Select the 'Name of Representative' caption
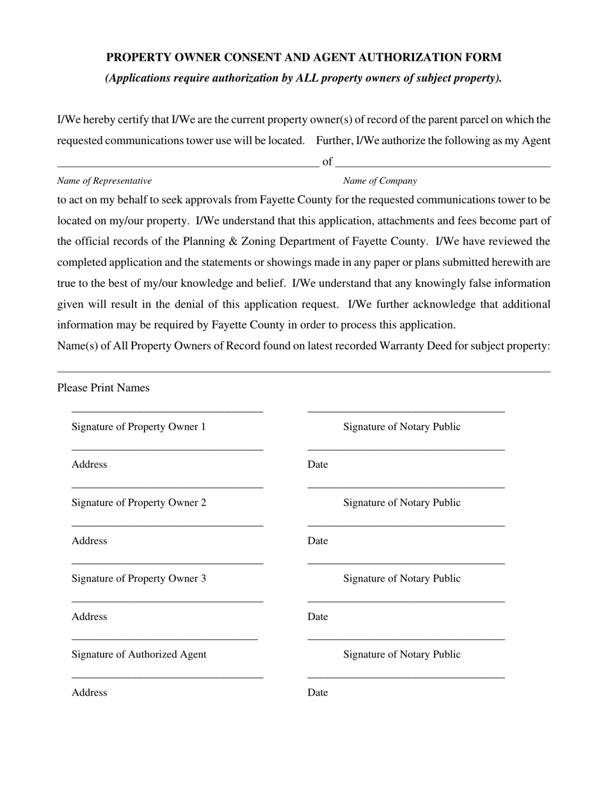click(x=104, y=181)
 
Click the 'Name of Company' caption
click(x=380, y=181)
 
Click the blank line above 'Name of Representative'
click(x=188, y=166)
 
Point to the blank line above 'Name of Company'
click(x=442, y=166)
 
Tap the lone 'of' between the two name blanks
click(x=327, y=161)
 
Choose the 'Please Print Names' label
click(x=103, y=388)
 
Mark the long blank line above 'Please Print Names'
click(x=303, y=372)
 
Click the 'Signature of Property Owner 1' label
click(x=138, y=427)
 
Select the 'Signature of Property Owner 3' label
click(x=138, y=579)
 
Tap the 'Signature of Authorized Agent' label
click(x=139, y=654)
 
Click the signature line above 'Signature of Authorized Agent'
click(x=164, y=639)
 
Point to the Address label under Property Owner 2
click(x=89, y=541)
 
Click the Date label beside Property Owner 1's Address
click(x=317, y=464)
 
